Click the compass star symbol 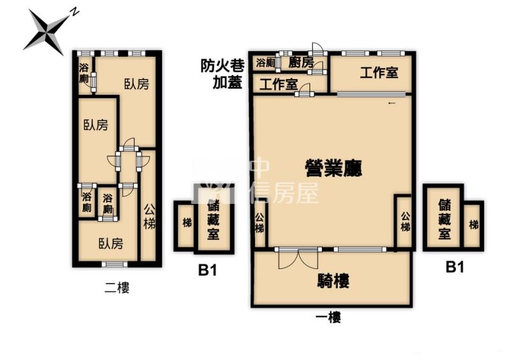(45, 32)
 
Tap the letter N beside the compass (75, 12)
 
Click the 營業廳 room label (333, 168)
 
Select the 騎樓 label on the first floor (333, 281)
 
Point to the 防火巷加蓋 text (222, 74)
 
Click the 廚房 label (301, 62)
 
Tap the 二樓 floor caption (117, 288)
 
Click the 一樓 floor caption (328, 317)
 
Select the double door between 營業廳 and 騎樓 (298, 259)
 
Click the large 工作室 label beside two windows (379, 72)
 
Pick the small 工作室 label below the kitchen (279, 85)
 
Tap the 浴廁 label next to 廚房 (266, 63)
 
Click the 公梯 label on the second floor (149, 217)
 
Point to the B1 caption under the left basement (207, 270)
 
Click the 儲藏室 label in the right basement (444, 219)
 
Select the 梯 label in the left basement (187, 223)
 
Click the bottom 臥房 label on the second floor (111, 243)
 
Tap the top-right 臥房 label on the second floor (136, 84)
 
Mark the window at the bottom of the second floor (115, 264)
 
